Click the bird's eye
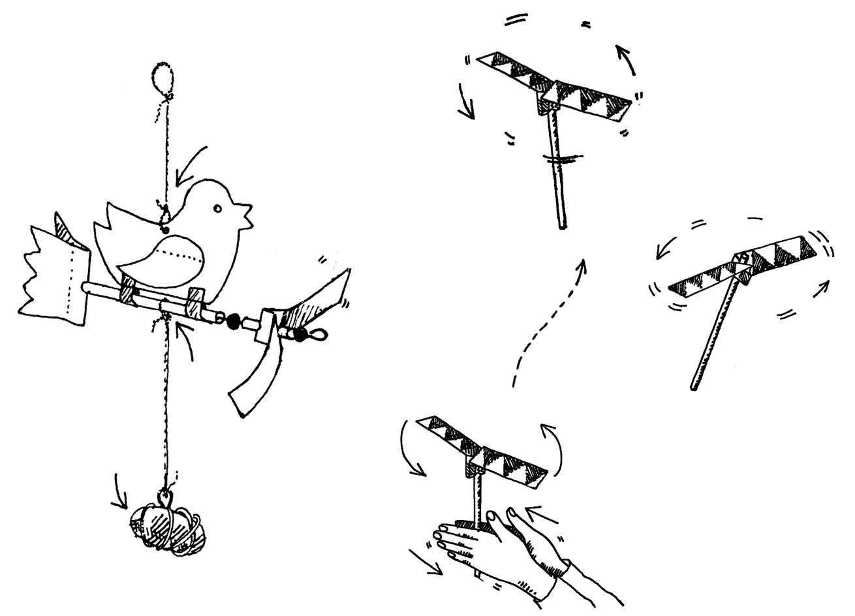coord(218,209)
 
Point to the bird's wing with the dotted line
coord(163,258)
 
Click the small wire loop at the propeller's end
coord(315,336)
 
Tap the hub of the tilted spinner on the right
coord(742,264)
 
